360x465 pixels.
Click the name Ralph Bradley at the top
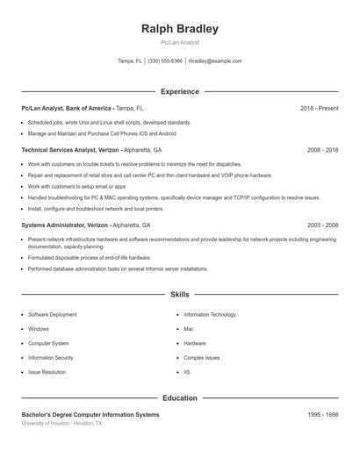179,29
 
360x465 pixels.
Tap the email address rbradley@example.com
215,61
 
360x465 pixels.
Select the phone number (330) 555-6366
165,61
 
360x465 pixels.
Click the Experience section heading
179,91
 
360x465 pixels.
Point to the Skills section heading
179,295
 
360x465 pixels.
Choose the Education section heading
179,397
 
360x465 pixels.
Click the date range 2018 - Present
319,108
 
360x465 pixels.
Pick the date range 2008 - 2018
322,150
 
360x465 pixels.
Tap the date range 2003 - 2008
322,225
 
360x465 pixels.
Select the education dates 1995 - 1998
322,414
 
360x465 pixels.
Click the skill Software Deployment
52,314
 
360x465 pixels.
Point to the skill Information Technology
210,314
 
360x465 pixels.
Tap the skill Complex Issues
202,358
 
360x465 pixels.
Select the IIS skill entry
187,372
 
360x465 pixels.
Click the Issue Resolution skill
47,372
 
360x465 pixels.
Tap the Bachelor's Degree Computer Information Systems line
90,414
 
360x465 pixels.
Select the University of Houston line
61,423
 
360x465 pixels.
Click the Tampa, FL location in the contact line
129,61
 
